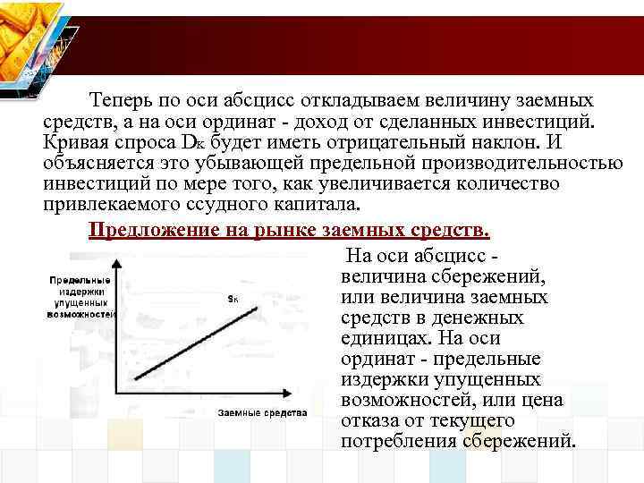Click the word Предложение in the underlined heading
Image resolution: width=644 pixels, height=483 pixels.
[x=147, y=230]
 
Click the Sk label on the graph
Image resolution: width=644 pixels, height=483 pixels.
[x=232, y=300]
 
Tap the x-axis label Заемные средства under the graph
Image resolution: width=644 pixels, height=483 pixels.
[x=262, y=413]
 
